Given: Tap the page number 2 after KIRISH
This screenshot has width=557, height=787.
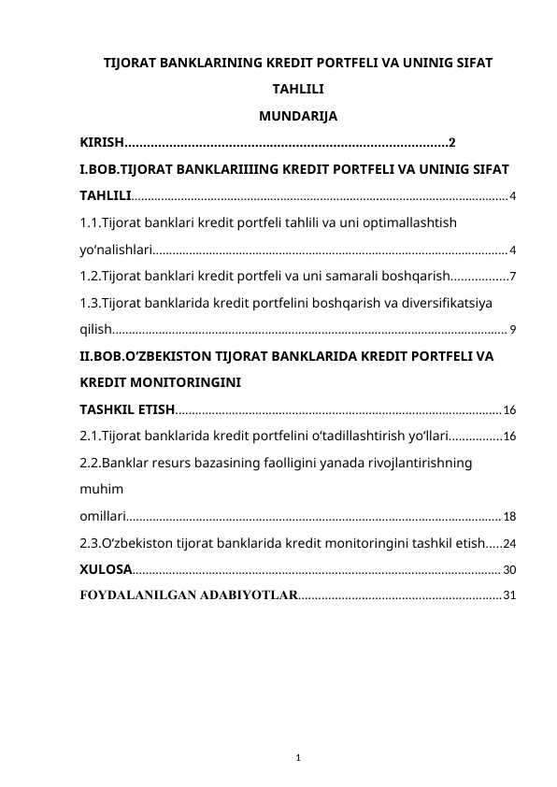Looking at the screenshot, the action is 452,143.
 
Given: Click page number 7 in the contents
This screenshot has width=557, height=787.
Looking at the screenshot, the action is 512,277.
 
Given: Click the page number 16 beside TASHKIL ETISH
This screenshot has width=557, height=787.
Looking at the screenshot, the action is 509,409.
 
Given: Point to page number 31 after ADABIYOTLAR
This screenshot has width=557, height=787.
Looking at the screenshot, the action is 509,595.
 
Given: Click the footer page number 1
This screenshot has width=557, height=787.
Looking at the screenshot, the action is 297,756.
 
